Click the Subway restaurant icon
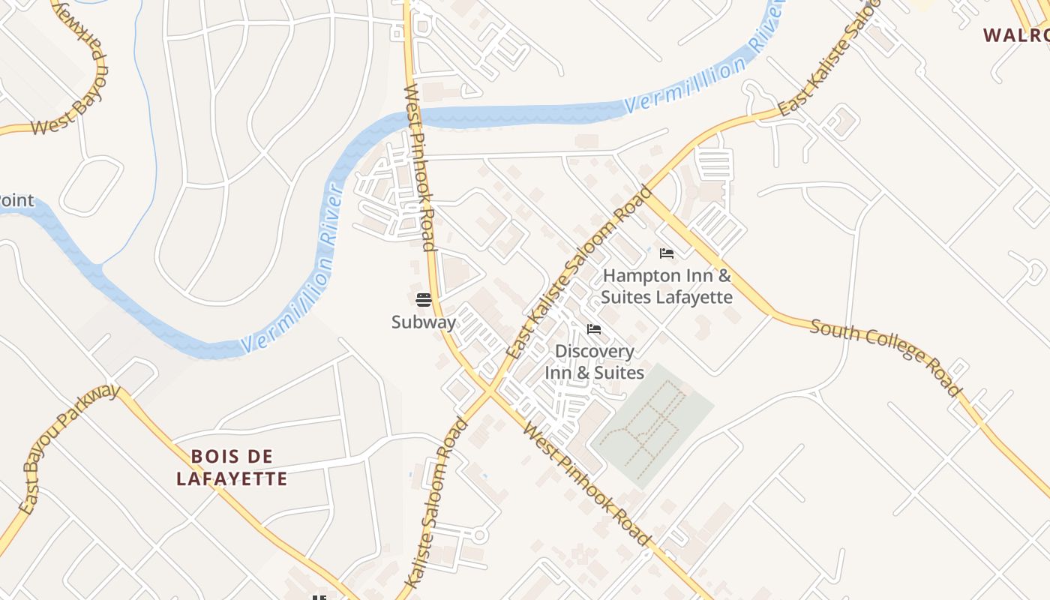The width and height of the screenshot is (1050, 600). [424, 301]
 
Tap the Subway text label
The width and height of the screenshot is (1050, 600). [424, 322]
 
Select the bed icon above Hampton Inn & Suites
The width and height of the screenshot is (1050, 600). [666, 253]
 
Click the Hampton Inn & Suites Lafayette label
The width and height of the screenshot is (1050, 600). [667, 286]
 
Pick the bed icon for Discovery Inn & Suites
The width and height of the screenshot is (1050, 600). [594, 329]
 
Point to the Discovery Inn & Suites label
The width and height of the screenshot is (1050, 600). [594, 361]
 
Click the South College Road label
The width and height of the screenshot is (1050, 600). [885, 355]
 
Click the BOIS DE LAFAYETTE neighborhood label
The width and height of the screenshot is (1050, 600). [232, 467]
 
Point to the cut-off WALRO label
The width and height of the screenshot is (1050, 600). [1015, 35]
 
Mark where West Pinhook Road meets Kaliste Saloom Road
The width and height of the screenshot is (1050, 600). [490, 390]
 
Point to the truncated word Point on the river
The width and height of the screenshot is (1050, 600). [16, 200]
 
